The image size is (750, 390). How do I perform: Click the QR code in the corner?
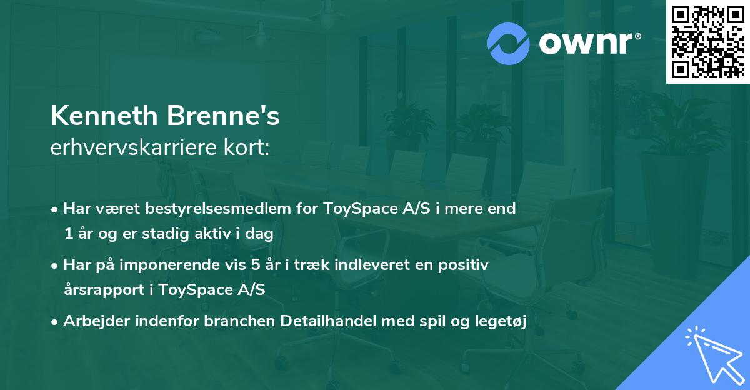(707, 42)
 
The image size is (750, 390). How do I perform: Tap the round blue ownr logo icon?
(509, 43)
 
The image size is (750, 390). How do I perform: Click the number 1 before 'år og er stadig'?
(67, 233)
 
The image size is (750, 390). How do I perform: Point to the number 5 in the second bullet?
(254, 265)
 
